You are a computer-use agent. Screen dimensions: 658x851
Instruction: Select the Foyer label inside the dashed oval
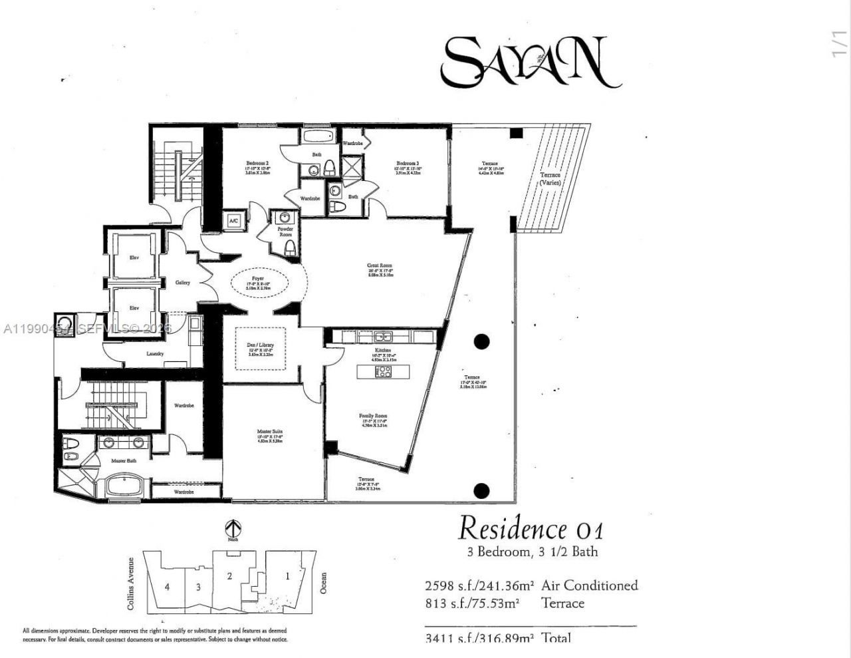pyautogui.click(x=257, y=278)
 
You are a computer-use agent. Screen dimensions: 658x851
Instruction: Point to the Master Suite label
pyautogui.click(x=270, y=432)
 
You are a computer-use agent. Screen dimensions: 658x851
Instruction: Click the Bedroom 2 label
pyautogui.click(x=257, y=164)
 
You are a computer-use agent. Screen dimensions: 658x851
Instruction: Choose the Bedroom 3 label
pyautogui.click(x=408, y=164)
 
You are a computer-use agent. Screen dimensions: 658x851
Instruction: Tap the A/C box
pyautogui.click(x=234, y=220)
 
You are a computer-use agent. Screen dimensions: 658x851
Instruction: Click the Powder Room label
pyautogui.click(x=285, y=232)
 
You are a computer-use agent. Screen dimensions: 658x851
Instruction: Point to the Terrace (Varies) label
pyautogui.click(x=550, y=178)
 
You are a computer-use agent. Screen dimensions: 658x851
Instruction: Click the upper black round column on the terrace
pyautogui.click(x=481, y=342)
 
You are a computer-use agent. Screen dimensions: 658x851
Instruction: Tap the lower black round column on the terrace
pyautogui.click(x=481, y=492)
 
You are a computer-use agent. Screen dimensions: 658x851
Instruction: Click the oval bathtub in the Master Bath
pyautogui.click(x=124, y=485)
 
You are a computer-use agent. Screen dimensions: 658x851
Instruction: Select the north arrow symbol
pyautogui.click(x=233, y=529)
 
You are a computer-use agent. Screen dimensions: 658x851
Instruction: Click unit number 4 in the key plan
pyautogui.click(x=168, y=587)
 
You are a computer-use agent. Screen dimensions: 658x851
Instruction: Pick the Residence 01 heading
pyautogui.click(x=531, y=529)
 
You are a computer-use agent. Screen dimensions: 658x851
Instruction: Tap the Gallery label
pyautogui.click(x=183, y=283)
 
